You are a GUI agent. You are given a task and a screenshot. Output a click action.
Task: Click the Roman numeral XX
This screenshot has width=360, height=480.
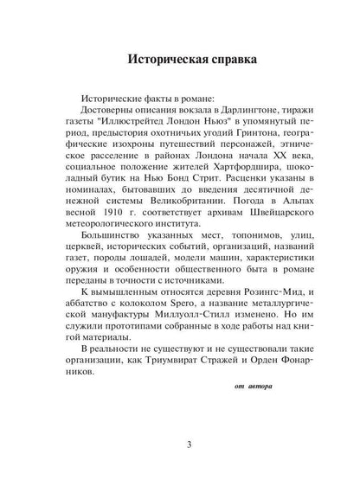tap(264, 163)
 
